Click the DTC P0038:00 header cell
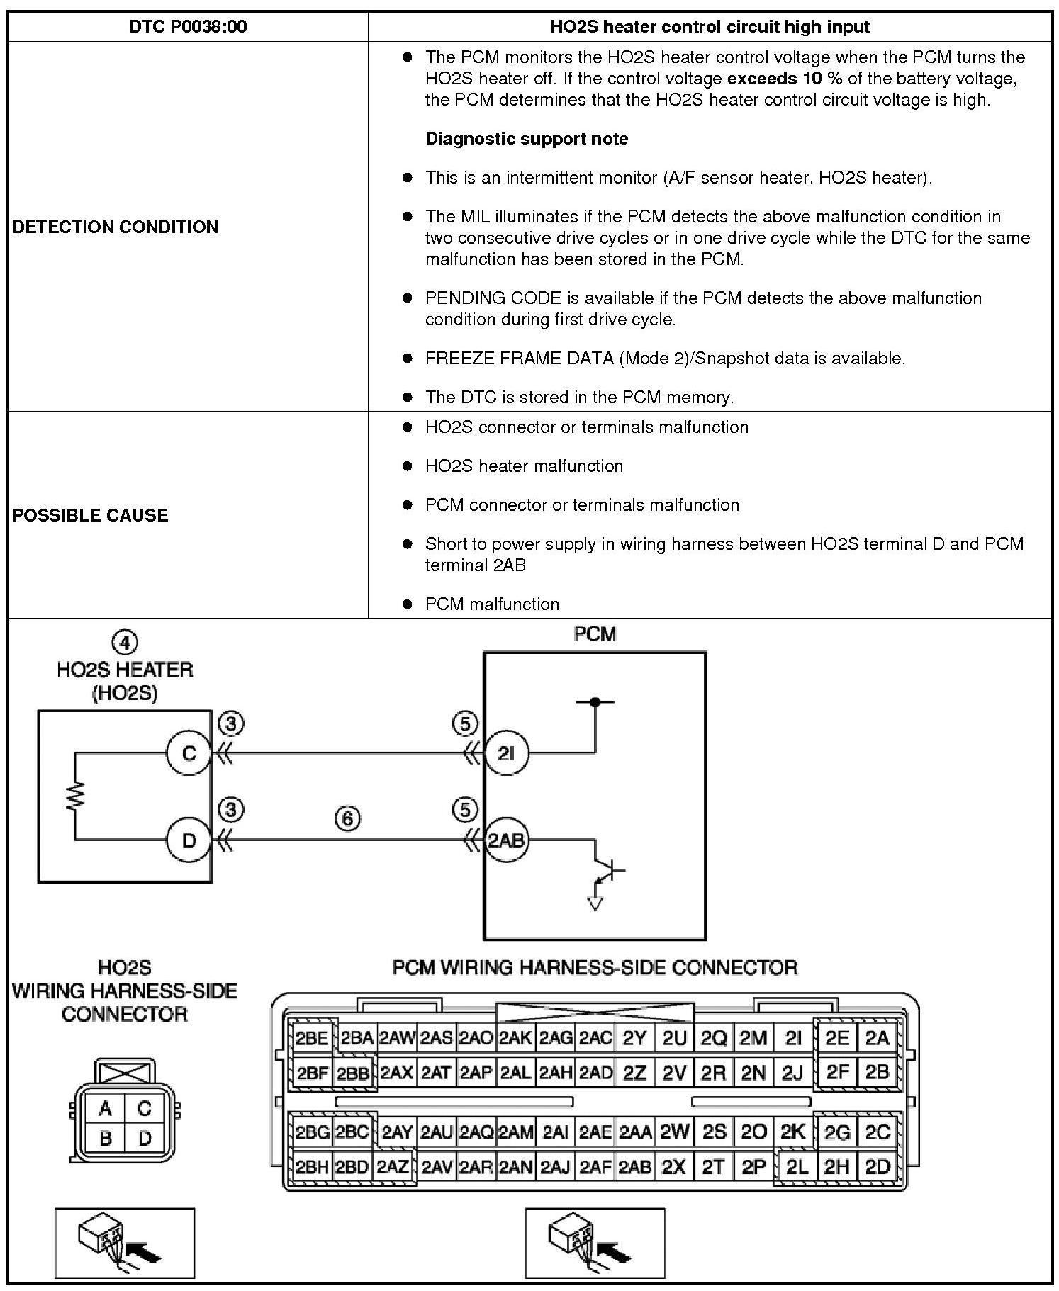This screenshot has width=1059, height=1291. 188,27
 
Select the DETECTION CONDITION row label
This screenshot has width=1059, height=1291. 116,227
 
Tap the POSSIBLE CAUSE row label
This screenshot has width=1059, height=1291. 91,515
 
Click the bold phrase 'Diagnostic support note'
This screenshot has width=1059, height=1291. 527,138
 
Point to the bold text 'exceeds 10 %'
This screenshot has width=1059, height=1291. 785,78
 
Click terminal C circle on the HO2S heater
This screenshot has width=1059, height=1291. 189,752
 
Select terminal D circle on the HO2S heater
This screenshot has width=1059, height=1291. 189,840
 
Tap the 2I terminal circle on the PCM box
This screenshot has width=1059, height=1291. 505,753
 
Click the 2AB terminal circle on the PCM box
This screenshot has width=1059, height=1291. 506,841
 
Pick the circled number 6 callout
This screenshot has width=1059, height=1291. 347,819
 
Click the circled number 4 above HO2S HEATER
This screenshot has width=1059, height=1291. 125,643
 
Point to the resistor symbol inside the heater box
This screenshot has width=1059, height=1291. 75,796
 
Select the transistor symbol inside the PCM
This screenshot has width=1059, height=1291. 608,869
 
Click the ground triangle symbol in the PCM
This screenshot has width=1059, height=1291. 595,903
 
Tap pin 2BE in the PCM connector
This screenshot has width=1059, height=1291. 312,1039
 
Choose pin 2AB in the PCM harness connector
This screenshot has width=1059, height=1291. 634,1166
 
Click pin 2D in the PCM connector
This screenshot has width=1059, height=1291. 878,1166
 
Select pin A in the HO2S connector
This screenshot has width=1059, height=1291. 105,1108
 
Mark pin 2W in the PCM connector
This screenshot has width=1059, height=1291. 674,1132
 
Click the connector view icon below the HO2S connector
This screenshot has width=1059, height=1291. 125,1243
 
